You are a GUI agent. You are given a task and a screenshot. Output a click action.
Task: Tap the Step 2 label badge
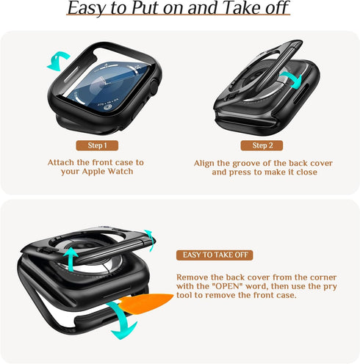pyautogui.click(x=262, y=145)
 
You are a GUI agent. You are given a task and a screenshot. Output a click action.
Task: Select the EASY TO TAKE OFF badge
pyautogui.click(x=215, y=255)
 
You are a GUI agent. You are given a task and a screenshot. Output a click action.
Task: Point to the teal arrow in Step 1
pyautogui.click(x=56, y=62)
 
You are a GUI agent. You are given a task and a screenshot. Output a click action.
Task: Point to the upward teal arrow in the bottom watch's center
pyautogui.click(x=71, y=260)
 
